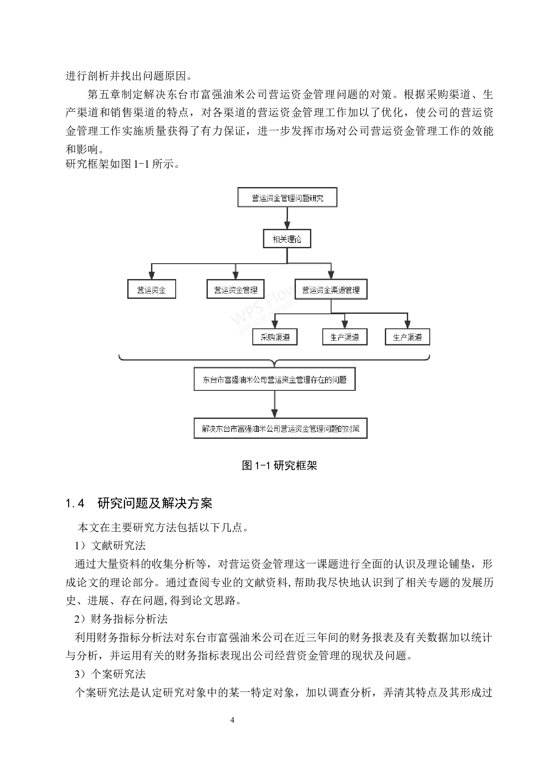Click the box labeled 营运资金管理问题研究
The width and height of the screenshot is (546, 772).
point(287,198)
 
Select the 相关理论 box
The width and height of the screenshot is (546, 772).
point(287,239)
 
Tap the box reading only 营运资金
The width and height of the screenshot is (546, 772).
point(151,290)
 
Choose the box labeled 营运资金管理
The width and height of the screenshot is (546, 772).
point(236,290)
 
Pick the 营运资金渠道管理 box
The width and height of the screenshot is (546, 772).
point(331,290)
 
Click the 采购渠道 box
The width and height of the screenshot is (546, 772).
point(275,337)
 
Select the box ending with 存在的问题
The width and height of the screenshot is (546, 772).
point(274,379)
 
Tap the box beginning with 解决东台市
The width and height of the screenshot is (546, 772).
point(280,428)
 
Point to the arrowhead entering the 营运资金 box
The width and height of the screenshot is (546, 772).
point(152,276)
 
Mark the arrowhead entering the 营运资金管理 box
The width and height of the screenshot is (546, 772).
point(236,276)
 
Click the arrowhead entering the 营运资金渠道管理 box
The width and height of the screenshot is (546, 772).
point(331,276)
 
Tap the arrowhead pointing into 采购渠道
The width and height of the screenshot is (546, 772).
point(275,325)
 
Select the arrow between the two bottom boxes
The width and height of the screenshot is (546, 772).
point(274,404)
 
